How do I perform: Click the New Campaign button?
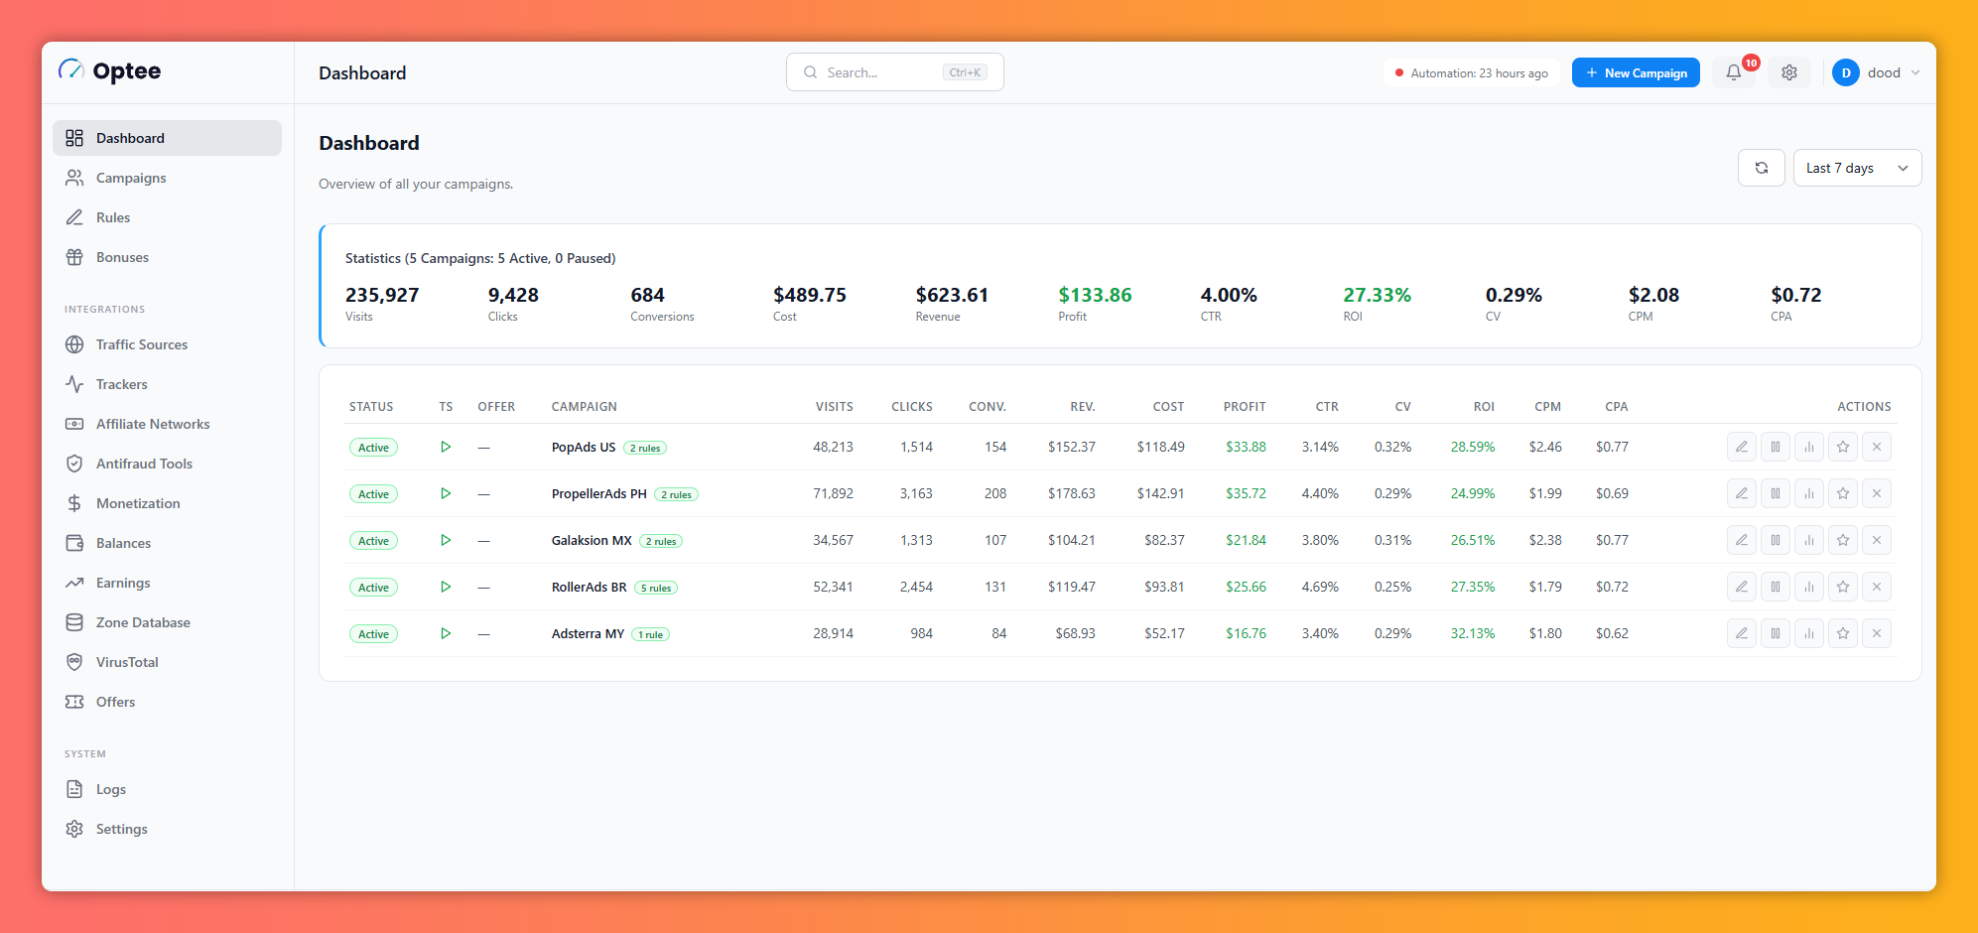tap(1636, 72)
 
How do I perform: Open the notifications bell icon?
tap(1734, 72)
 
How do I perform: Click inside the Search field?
tap(894, 72)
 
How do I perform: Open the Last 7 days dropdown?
tap(1857, 168)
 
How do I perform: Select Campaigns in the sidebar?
tap(130, 178)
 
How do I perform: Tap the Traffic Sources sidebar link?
tap(141, 344)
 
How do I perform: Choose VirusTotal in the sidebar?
tap(127, 662)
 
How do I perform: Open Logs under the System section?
tap(110, 789)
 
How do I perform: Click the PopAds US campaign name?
tap(584, 447)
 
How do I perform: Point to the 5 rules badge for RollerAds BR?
tap(656, 588)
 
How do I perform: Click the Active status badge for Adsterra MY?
tap(373, 634)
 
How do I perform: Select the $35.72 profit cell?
tap(1246, 493)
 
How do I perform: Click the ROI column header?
tap(1484, 407)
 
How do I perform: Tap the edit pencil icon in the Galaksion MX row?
tap(1742, 540)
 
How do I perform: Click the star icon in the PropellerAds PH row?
tap(1843, 493)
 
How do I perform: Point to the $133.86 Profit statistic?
tap(1095, 295)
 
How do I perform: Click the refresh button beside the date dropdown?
tap(1762, 168)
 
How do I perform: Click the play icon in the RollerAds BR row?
tap(446, 587)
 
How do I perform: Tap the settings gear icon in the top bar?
tap(1789, 72)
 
